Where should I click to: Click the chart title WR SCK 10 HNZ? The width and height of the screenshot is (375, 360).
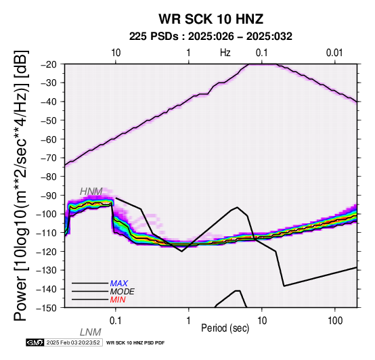(x=211, y=19)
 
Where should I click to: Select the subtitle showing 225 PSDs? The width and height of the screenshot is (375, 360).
(x=211, y=37)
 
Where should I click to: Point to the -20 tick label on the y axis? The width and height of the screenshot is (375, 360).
(x=51, y=64)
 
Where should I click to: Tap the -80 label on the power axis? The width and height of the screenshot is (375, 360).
(x=51, y=177)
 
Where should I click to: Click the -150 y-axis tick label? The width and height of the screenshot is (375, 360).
(x=49, y=308)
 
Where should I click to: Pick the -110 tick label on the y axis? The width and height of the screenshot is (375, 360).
(x=49, y=233)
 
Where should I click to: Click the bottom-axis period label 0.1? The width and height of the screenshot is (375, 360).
(x=115, y=321)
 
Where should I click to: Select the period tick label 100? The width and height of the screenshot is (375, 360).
(x=335, y=321)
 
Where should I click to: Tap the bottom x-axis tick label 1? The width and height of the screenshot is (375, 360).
(x=189, y=321)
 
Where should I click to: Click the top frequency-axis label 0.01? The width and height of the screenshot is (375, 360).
(x=334, y=53)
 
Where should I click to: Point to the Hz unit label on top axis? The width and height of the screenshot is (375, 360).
(x=225, y=53)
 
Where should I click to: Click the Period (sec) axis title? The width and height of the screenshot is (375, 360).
(x=225, y=328)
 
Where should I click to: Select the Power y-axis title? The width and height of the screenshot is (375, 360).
(x=21, y=185)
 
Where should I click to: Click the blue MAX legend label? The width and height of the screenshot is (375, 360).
(x=119, y=284)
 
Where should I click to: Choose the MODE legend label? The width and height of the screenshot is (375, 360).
(x=123, y=292)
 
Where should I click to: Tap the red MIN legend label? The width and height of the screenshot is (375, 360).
(x=118, y=300)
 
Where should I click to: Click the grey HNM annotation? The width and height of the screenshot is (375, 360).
(x=91, y=192)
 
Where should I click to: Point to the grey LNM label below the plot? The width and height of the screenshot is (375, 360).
(x=91, y=332)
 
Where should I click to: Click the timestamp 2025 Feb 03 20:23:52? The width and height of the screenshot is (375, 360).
(x=73, y=342)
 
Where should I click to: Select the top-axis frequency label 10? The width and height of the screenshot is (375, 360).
(x=116, y=53)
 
